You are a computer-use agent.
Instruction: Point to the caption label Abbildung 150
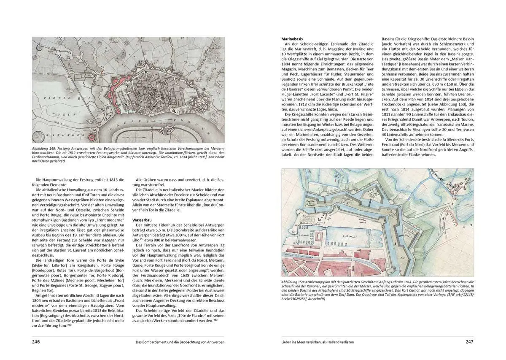pyautogui.click(x=295, y=282)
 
